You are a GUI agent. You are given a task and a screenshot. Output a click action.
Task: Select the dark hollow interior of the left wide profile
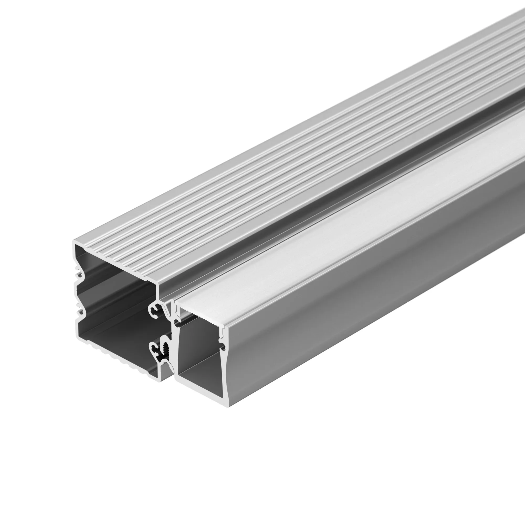[x=114, y=299]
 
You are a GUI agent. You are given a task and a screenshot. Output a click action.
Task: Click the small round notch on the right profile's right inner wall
[x=223, y=347]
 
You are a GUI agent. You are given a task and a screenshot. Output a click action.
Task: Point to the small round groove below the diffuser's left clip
[x=177, y=324]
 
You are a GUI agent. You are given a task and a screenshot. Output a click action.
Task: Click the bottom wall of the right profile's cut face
[x=201, y=391]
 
